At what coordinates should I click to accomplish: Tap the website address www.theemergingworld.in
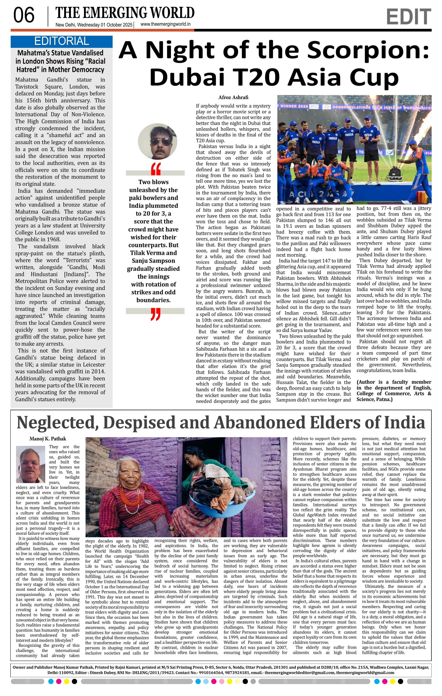[165, 25]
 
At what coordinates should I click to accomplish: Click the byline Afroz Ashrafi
[233, 97]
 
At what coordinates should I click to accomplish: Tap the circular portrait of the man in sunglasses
[158, 141]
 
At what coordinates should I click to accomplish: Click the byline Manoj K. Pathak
[48, 439]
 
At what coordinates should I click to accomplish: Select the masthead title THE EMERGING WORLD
[125, 13]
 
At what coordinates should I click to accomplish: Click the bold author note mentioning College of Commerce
[394, 391]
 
